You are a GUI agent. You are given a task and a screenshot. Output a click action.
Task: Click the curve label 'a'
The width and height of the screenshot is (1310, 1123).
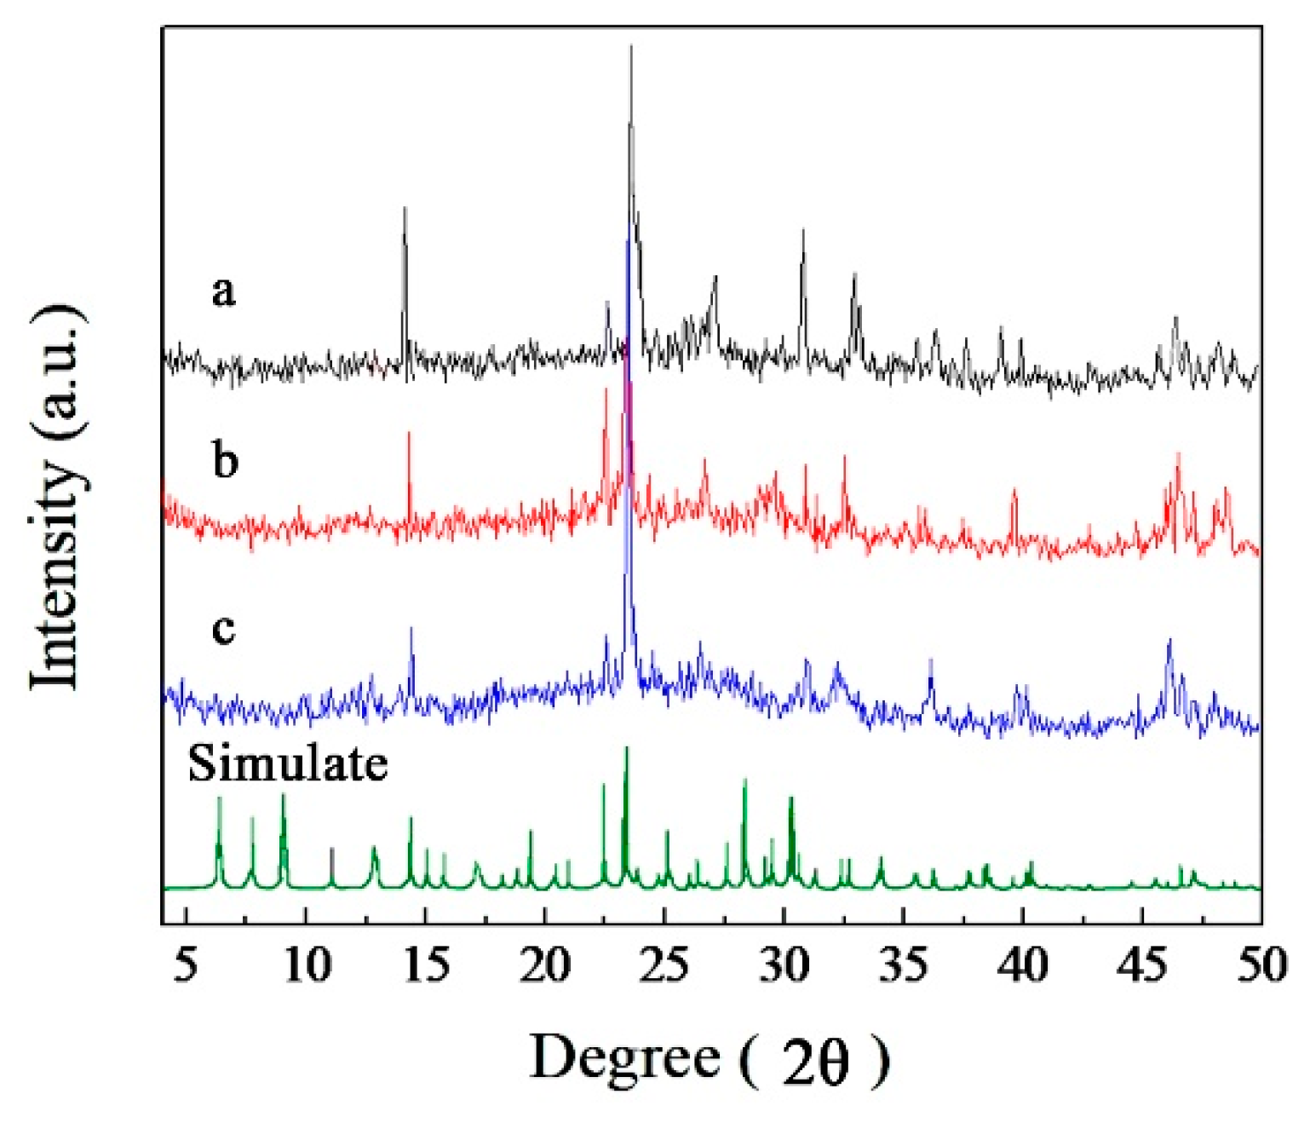pos(223,291)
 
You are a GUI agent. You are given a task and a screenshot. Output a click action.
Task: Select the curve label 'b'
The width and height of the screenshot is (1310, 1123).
pos(225,460)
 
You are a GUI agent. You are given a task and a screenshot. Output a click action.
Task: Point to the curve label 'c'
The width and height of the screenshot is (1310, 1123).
pos(223,629)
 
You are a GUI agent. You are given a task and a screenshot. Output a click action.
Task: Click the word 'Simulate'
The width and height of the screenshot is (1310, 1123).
pos(288,763)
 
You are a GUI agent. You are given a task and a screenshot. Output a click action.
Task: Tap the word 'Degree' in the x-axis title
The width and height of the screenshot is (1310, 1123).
pos(625,1058)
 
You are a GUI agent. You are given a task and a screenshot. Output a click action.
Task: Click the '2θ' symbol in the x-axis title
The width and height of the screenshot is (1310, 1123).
pos(816,1062)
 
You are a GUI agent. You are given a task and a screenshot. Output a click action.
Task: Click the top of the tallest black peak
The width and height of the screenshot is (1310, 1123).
pos(631,47)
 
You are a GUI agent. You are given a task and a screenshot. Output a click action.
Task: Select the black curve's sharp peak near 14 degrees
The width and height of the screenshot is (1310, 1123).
pos(405,209)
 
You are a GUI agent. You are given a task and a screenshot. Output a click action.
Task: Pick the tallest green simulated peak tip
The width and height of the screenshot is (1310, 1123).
pos(627,748)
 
